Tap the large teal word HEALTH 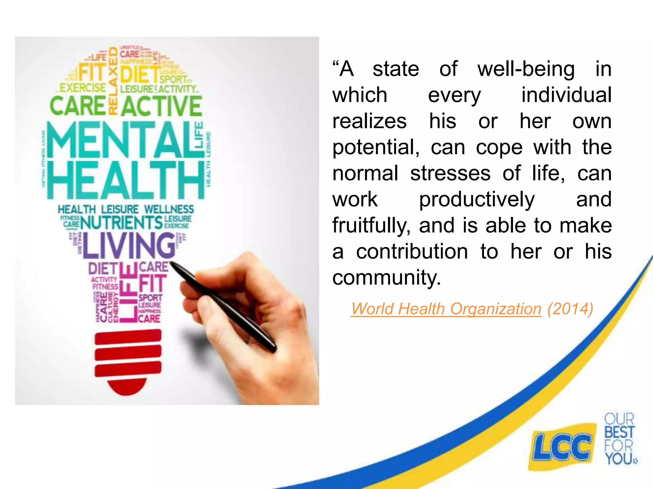pyautogui.click(x=126, y=180)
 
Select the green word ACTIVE pyautogui.click(x=161, y=106)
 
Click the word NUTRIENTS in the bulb pyautogui.click(x=121, y=223)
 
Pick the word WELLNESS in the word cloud pyautogui.click(x=169, y=209)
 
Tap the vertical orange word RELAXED pyautogui.click(x=113, y=81)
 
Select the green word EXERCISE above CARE pyautogui.click(x=83, y=88)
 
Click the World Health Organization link pyautogui.click(x=446, y=309)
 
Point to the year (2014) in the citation pyautogui.click(x=570, y=309)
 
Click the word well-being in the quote pyautogui.click(x=526, y=69)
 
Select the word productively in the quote pyautogui.click(x=477, y=200)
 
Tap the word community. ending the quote pyautogui.click(x=386, y=278)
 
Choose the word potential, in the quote pyautogui.click(x=376, y=147)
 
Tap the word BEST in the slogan pyautogui.click(x=620, y=432)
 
